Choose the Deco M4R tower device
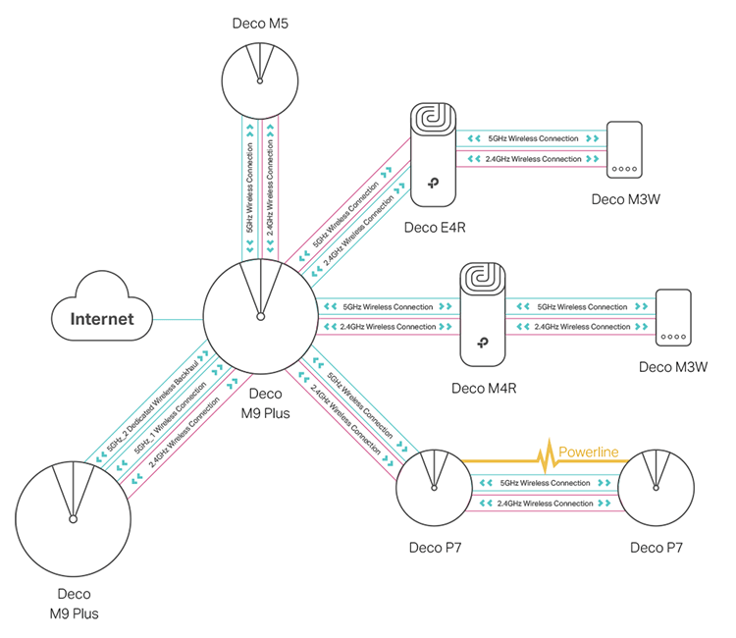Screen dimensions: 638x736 (x=482, y=314)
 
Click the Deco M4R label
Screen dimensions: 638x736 (x=484, y=388)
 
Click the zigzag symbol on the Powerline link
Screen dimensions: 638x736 (x=542, y=457)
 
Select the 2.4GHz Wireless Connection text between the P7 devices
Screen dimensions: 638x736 (x=546, y=504)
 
